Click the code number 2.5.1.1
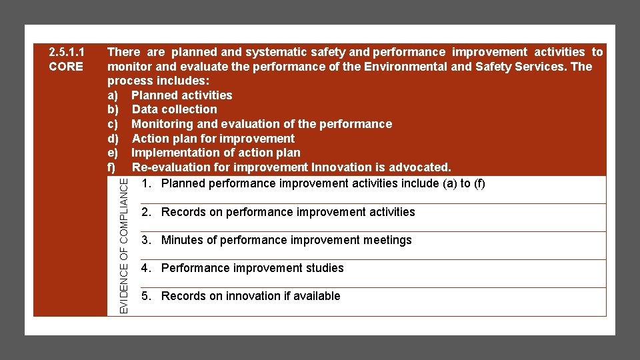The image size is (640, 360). pyautogui.click(x=67, y=52)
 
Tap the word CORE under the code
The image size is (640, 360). pyautogui.click(x=67, y=67)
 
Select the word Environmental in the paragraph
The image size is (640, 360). pyautogui.click(x=405, y=67)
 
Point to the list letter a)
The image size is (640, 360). pyautogui.click(x=113, y=95)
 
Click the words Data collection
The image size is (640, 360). pyautogui.click(x=175, y=109)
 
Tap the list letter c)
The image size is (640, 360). pyautogui.click(x=113, y=124)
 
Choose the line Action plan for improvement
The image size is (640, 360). pyautogui.click(x=213, y=139)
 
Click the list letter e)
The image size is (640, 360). pyautogui.click(x=113, y=153)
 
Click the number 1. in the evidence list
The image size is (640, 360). pyautogui.click(x=147, y=183)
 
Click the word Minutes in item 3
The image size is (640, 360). pyautogui.click(x=183, y=240)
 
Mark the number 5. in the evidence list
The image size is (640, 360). pyautogui.click(x=147, y=296)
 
